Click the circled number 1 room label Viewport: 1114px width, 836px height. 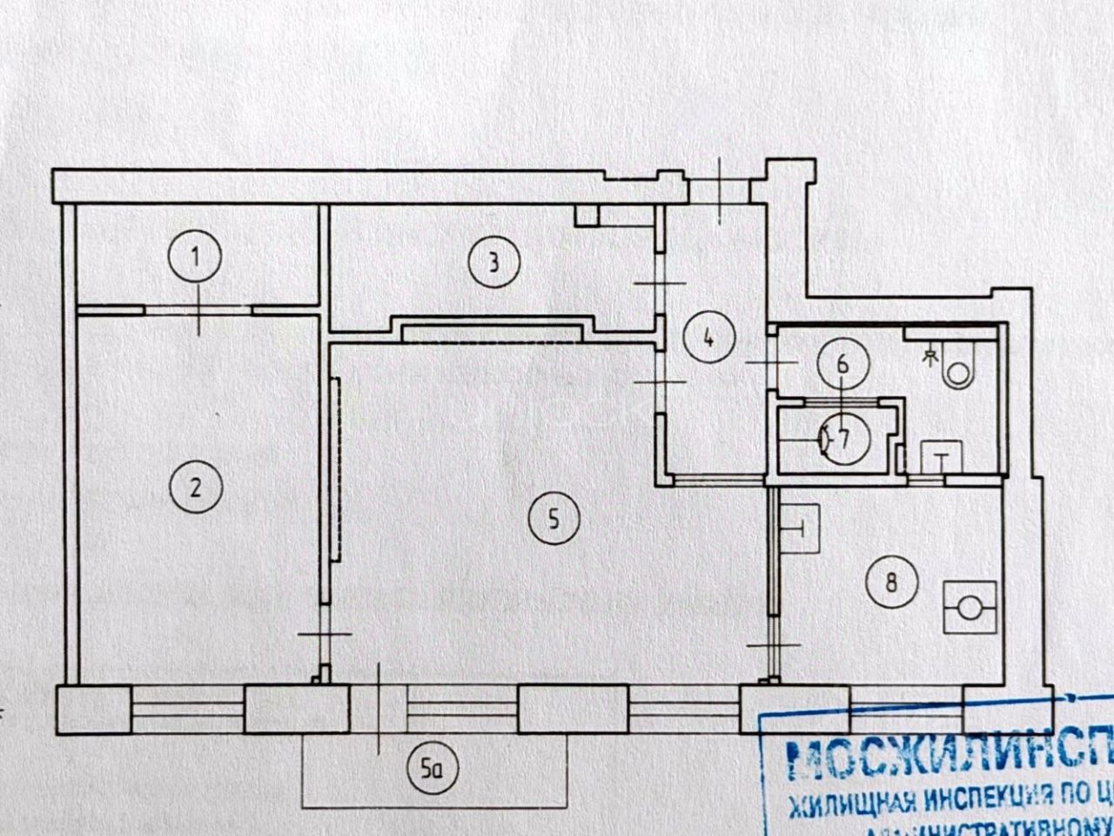tap(196, 258)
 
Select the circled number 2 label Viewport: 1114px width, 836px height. tap(196, 487)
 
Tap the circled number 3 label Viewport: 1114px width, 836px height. tap(493, 262)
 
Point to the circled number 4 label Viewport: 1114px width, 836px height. tap(709, 337)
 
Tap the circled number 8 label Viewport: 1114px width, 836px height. tap(890, 581)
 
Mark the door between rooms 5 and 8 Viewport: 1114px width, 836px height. tap(773, 644)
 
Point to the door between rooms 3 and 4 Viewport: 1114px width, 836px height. tap(661, 284)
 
